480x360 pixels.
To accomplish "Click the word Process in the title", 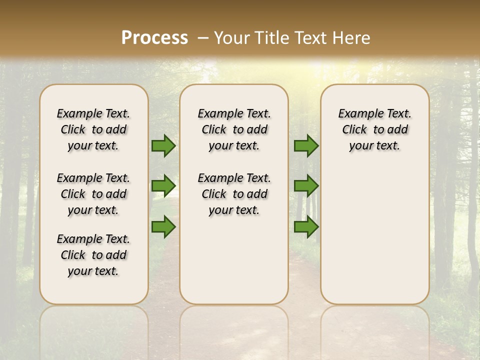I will pos(154,38).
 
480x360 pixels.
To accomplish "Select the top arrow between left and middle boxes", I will pos(163,146).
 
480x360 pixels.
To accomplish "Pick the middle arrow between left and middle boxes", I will pos(163,186).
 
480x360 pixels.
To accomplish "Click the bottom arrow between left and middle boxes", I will pos(163,226).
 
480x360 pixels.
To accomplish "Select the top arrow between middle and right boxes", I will pos(306,146).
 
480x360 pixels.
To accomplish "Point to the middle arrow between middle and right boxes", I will pos(306,186).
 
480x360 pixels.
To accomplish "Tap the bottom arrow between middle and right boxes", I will pos(306,226).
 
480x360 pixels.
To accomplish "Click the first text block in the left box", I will pos(93,129).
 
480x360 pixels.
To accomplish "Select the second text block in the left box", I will pos(93,194).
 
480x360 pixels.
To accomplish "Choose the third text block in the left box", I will pos(93,255).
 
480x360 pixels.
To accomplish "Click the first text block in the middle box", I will pos(234,129).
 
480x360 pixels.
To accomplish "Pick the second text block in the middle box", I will pos(234,194).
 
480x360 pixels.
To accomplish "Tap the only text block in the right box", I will pos(374,129).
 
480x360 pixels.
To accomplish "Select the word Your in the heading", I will pos(232,38).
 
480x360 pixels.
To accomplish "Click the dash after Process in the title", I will pos(203,38).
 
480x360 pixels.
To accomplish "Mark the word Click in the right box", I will pos(354,130).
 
